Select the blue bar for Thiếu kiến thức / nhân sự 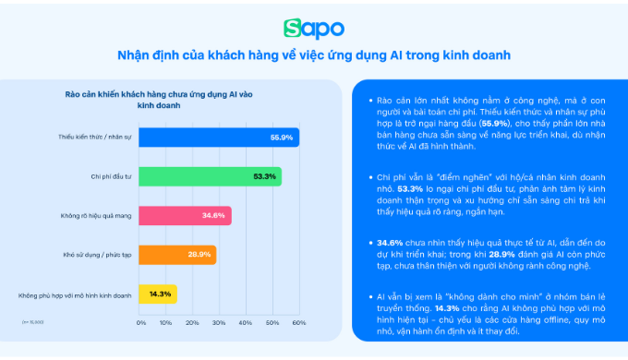pos(218,137)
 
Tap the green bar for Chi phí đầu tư pos(211,176)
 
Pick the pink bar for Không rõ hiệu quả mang pos(185,216)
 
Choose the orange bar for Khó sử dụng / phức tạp pos(177,255)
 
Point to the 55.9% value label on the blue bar pos(282,137)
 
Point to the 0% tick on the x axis pos(140,323)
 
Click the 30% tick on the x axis pos(220,323)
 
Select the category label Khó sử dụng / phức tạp pos(95,255)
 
